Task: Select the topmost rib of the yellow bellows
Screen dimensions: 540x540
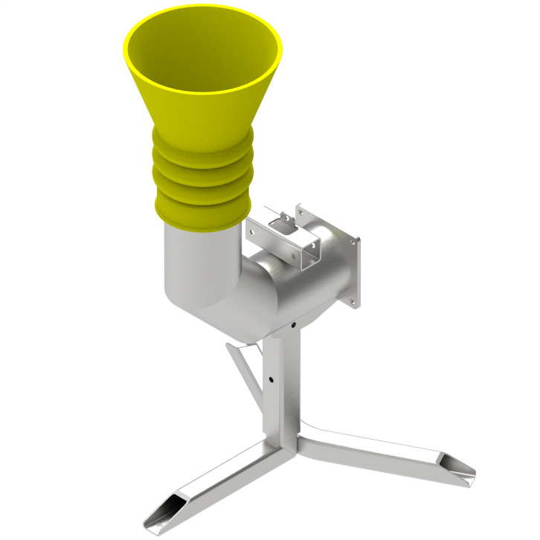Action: [202, 142]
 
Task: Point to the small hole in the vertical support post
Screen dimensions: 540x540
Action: [271, 379]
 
